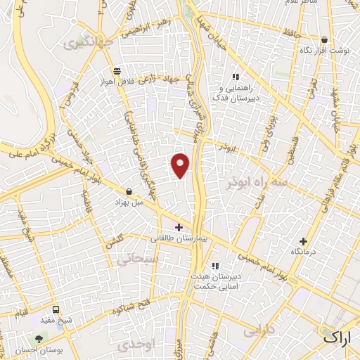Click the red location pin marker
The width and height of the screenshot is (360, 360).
[181, 165]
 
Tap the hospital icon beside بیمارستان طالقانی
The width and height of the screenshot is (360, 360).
[179, 227]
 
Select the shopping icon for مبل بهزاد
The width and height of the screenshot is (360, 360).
[129, 191]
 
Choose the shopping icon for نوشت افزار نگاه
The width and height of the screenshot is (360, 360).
[324, 40]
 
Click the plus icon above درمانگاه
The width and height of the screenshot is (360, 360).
[304, 240]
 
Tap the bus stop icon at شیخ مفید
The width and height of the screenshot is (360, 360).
[56, 309]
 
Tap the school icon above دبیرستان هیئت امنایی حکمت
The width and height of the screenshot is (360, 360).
[215, 265]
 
